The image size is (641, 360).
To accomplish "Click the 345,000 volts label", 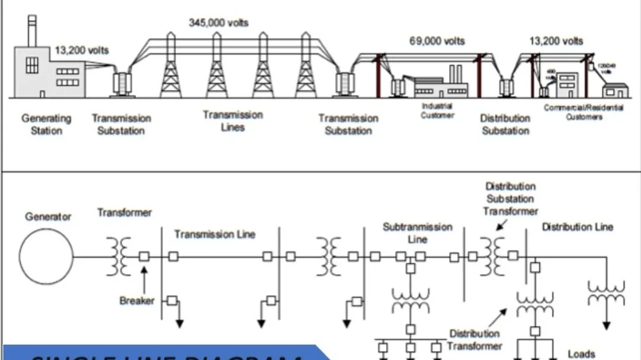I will point(218,23).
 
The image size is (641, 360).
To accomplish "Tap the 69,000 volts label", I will point(437,41).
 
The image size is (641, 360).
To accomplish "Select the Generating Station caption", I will point(46,124).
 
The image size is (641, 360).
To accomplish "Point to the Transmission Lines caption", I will point(233,121).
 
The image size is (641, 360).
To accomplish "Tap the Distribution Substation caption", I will point(505,124).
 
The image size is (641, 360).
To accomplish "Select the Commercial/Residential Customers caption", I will point(583,112).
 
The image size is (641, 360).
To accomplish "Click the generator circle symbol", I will point(46,257).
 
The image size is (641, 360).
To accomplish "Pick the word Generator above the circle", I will point(48,217).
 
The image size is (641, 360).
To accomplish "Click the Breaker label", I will point(137,301).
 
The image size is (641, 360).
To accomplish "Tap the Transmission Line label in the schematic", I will point(214,234).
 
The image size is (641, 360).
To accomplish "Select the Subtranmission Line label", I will point(417,233).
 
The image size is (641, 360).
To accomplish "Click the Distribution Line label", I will point(577,227).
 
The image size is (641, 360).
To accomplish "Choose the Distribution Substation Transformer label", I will point(510,199).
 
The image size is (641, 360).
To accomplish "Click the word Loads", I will point(581,354).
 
